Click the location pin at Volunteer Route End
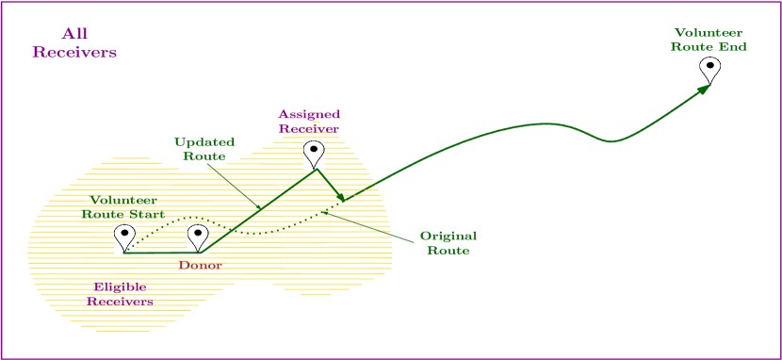tap(709, 70)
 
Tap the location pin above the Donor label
tap(197, 237)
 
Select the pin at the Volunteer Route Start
tap(124, 237)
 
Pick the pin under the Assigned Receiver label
tap(314, 153)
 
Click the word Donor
tap(200, 266)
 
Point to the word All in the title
tap(74, 34)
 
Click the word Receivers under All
tap(74, 53)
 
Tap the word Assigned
tap(308, 114)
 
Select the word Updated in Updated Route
tap(204, 141)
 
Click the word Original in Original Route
tap(448, 235)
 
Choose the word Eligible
tap(121, 286)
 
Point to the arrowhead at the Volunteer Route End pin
tap(703, 90)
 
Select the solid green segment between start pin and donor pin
tap(161, 253)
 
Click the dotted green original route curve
tap(264, 232)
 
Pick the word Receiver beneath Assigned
tap(308, 129)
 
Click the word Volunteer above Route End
tap(709, 32)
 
